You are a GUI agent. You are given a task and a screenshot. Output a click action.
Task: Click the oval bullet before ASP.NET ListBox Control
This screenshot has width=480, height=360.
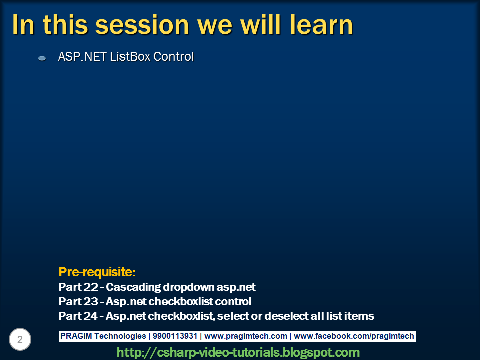pyautogui.click(x=42, y=58)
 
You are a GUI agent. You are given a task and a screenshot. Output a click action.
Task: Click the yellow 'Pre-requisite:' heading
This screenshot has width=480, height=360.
pyautogui.click(x=97, y=272)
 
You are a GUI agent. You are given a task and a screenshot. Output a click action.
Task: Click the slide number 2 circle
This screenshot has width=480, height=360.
pyautogui.click(x=20, y=340)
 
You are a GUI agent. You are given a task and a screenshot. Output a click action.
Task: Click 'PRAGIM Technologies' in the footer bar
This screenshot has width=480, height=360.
pyautogui.click(x=103, y=336)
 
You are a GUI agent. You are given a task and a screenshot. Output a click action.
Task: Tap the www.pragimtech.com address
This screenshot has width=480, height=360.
pyautogui.click(x=246, y=336)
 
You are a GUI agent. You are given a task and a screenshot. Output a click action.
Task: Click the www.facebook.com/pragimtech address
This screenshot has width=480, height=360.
pyautogui.click(x=355, y=336)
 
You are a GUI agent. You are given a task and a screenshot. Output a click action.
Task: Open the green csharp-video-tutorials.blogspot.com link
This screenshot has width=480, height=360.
pyautogui.click(x=238, y=352)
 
